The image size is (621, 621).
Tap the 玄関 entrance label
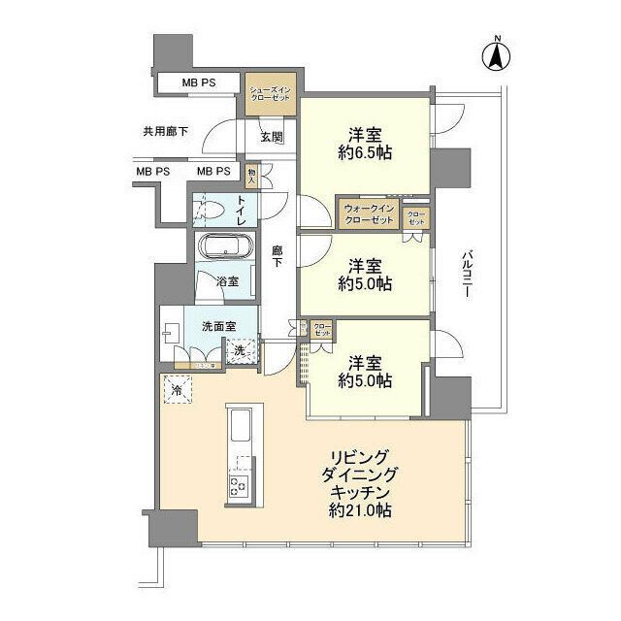pyautogui.click(x=271, y=137)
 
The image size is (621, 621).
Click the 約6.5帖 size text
pyautogui.click(x=364, y=152)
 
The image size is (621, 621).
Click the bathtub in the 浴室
pyautogui.click(x=226, y=247)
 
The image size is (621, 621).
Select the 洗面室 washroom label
pyautogui.click(x=219, y=326)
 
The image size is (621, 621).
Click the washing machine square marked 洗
pyautogui.click(x=241, y=350)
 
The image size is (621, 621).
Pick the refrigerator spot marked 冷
pyautogui.click(x=178, y=389)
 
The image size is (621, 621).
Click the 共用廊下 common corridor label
pyautogui.click(x=165, y=131)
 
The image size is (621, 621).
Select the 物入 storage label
pyautogui.click(x=252, y=175)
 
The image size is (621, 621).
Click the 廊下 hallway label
pyautogui.click(x=278, y=256)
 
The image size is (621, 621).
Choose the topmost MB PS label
pyautogui.click(x=199, y=83)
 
